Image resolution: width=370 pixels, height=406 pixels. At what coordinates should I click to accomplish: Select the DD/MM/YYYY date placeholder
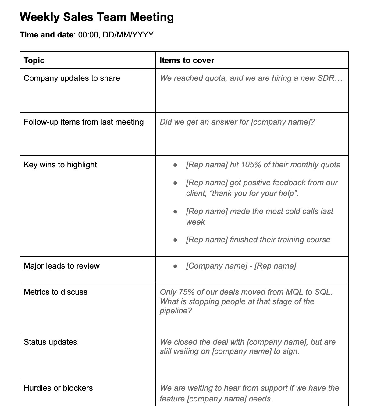coord(128,35)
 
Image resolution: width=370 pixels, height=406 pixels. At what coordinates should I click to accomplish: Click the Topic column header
coord(34,60)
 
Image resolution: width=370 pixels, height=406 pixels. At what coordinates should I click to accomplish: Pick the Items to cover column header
coord(187,60)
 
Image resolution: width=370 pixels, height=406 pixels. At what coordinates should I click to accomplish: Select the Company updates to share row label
coord(72,78)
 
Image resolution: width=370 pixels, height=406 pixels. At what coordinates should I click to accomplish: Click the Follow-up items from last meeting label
coord(84,122)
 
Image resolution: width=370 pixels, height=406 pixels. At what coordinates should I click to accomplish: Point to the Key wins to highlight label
coord(60,165)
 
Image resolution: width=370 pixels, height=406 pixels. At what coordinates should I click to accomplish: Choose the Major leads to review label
coord(62,266)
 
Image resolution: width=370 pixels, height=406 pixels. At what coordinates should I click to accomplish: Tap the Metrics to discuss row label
coord(55,292)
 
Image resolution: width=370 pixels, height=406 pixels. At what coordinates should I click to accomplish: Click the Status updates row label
coord(50,342)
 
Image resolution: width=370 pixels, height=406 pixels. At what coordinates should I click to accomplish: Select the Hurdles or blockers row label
coord(58,388)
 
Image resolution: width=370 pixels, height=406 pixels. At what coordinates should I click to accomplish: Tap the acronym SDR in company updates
coord(326,78)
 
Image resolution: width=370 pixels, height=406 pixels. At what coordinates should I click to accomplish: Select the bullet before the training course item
coord(175,240)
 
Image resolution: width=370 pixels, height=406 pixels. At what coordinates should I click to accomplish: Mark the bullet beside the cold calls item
coord(175,212)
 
